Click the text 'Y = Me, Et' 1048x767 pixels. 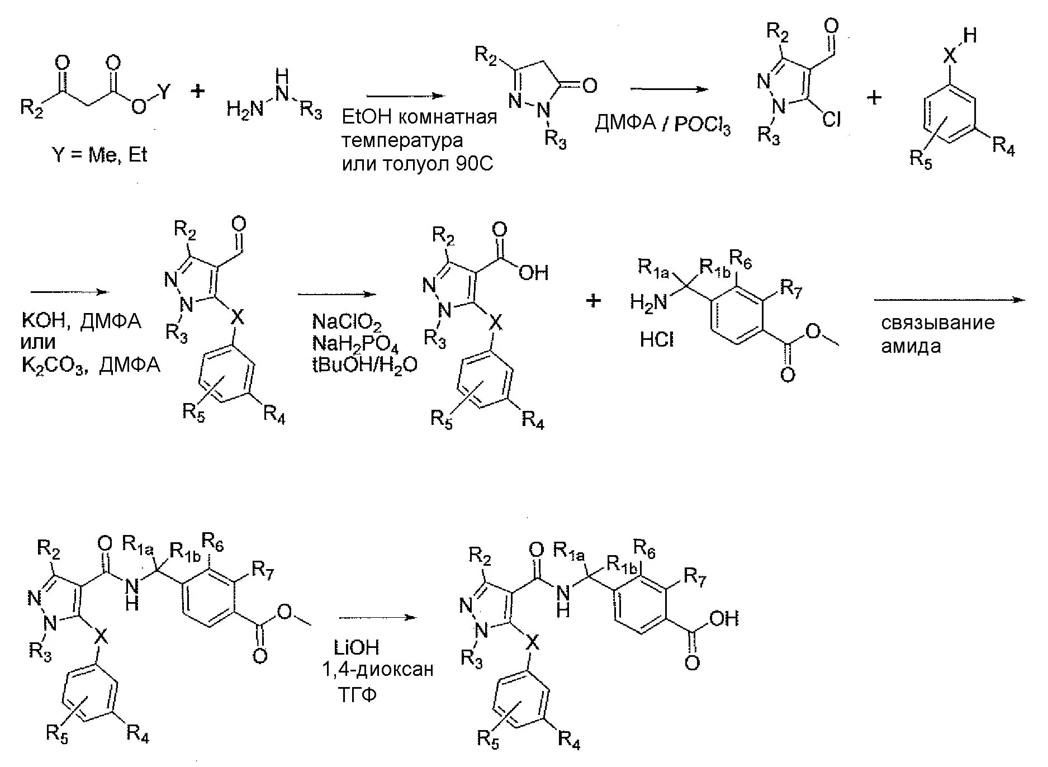pos(99,154)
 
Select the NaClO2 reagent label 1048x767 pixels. pos(347,323)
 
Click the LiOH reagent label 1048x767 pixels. pos(357,648)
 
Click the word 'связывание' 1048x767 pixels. pos(938,323)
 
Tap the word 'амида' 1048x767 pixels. pos(911,347)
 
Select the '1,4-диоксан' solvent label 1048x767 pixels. pos(378,670)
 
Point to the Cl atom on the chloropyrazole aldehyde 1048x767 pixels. pos(832,119)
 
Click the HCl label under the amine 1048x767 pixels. pos(657,339)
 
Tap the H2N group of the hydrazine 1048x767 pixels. pos(245,108)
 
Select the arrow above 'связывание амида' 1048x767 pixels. pos(950,300)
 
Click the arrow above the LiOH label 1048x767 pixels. pos(378,618)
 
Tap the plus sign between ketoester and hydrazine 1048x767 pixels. pos(197,91)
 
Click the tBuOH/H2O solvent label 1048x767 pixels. pos(364,365)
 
